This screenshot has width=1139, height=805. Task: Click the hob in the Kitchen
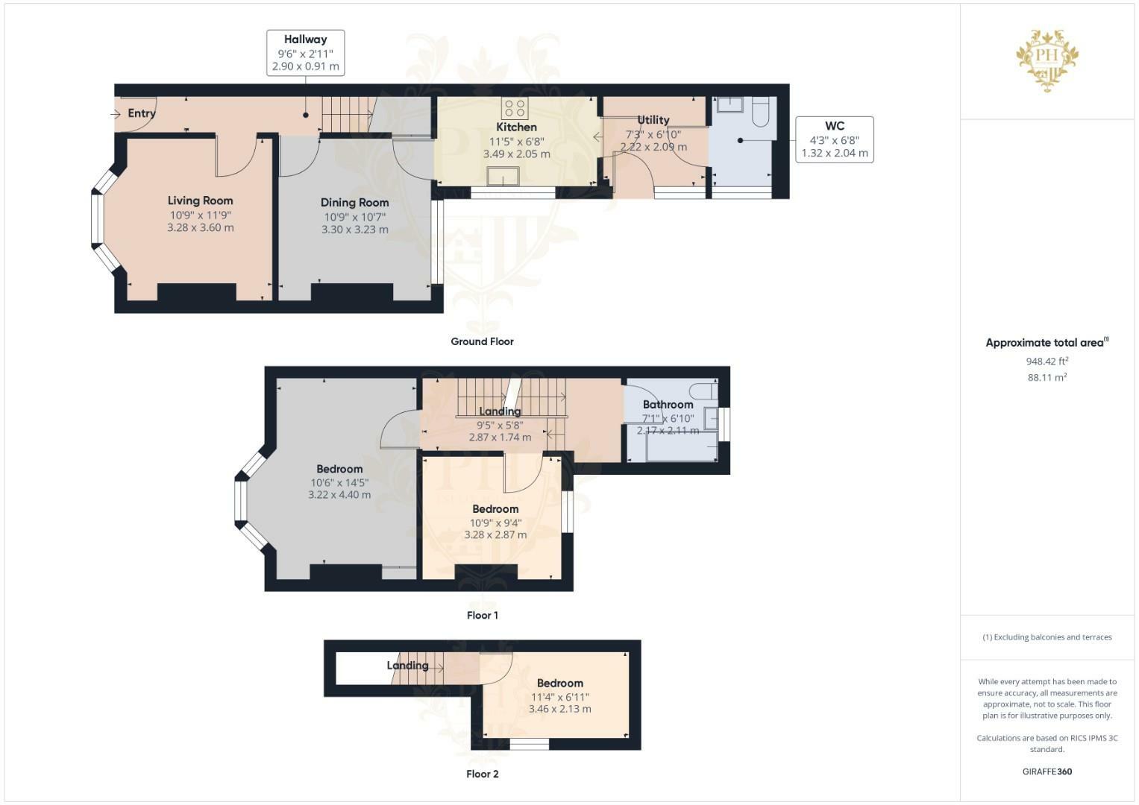pos(515,109)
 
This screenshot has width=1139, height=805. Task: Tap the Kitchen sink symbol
pos(503,177)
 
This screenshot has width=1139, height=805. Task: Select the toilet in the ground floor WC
pos(760,112)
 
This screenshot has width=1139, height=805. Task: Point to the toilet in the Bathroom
pos(703,391)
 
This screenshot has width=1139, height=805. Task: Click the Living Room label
pos(201,201)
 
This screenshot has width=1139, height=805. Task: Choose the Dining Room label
pos(354,203)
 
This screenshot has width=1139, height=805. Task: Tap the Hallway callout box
pos(306,53)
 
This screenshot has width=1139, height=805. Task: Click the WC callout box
pos(835,140)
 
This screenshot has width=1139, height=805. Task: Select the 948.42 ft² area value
pos(1047,362)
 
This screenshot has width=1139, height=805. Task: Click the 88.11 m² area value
pos(1047,378)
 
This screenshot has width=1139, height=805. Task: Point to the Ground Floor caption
pos(482,341)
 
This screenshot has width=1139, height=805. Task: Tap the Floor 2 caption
pos(482,774)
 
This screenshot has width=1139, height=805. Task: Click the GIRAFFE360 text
pos(1047,771)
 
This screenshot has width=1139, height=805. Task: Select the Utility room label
pos(653,120)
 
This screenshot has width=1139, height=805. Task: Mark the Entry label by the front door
pos(142,113)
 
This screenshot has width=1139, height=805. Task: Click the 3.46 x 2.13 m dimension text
pos(560,709)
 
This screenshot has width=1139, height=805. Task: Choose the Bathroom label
pos(668,405)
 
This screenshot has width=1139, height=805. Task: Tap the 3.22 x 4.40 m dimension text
pos(339,494)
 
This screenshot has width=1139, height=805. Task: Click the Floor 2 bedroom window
pos(530,745)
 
